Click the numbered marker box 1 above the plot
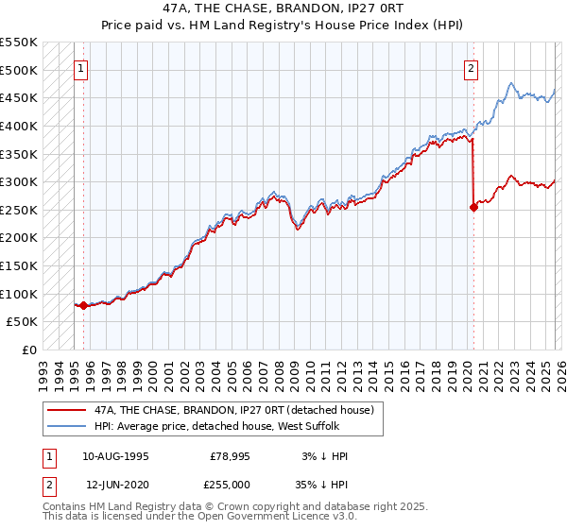point(82,67)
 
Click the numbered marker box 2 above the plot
point(471,67)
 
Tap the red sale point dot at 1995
point(83,305)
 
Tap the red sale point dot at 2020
point(473,208)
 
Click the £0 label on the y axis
point(28,350)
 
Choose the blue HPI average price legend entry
point(222,427)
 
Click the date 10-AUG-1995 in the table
point(115,456)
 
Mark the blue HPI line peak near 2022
point(510,83)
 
